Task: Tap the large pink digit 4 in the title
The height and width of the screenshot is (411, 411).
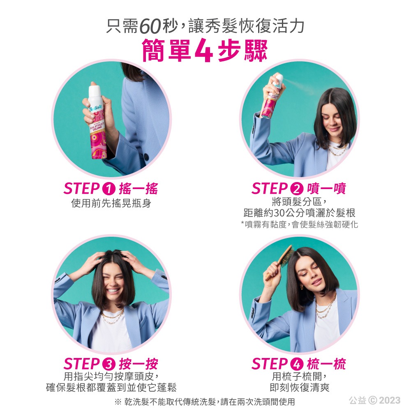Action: (203, 51)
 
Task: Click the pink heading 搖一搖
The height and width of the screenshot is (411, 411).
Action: (138, 189)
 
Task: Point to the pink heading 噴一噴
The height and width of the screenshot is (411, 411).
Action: (326, 189)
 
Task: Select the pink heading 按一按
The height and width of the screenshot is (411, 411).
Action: (138, 364)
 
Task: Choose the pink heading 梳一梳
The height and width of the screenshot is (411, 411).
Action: (326, 364)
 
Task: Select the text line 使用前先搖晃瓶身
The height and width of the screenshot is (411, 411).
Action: (111, 203)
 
